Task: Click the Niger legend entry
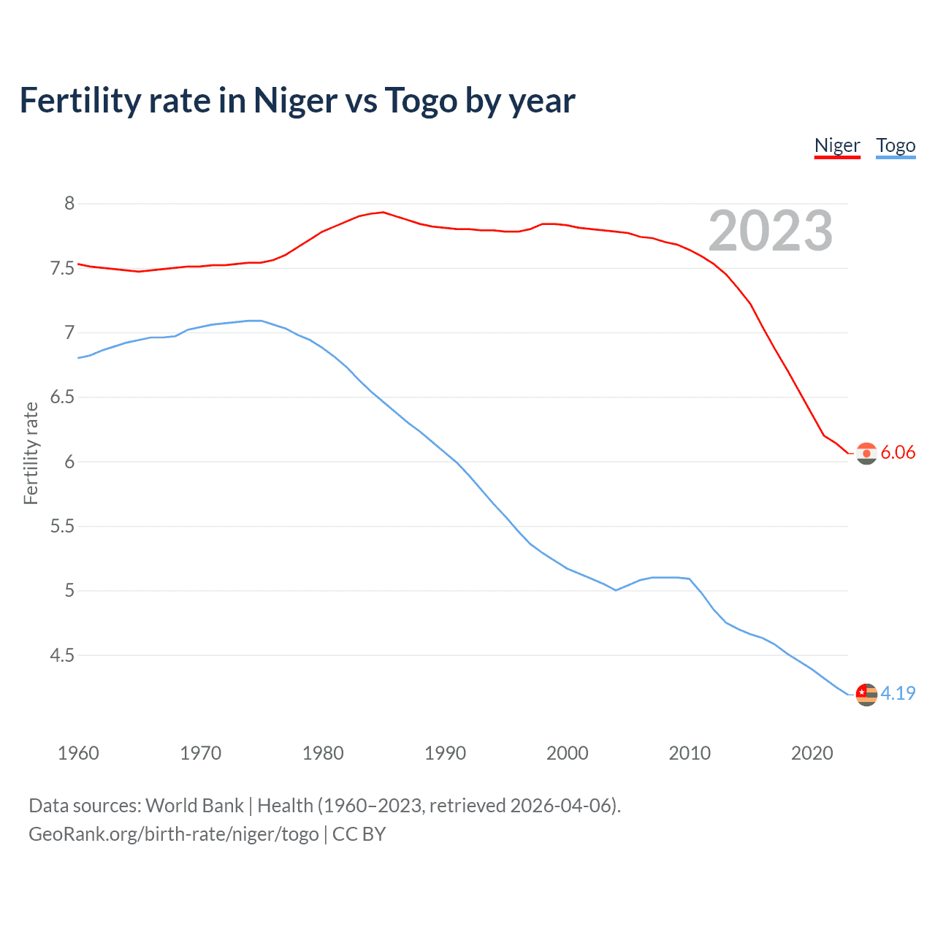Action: (x=837, y=145)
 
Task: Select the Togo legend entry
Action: (x=896, y=145)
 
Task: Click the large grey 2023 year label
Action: (x=770, y=231)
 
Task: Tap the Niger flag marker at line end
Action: (x=866, y=454)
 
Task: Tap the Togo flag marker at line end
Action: (x=866, y=694)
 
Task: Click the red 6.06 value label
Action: (x=898, y=452)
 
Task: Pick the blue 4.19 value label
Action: (x=898, y=693)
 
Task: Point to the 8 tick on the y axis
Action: (x=69, y=203)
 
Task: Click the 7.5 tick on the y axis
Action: (x=63, y=268)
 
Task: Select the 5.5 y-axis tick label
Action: (x=63, y=526)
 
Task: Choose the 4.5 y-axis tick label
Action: (x=63, y=655)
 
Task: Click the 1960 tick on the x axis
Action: (x=78, y=753)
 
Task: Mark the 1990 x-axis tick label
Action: (x=445, y=753)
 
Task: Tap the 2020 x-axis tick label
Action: (x=812, y=753)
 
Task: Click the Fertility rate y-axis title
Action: (x=31, y=453)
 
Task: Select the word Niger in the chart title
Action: (x=296, y=101)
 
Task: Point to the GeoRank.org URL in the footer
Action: (x=174, y=834)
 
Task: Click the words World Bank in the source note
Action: (x=194, y=806)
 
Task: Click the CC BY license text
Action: (x=359, y=834)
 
